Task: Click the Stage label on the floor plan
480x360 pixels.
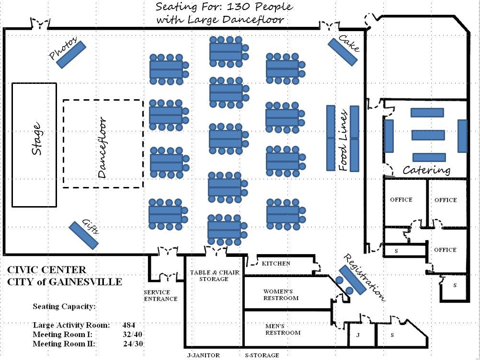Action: tap(36, 140)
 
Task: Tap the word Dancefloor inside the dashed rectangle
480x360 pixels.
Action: tap(102, 148)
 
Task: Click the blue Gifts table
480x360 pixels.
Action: tap(84, 235)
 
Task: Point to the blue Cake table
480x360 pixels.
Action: tap(343, 52)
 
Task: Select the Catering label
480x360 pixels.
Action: tap(426, 170)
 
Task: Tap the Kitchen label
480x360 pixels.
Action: tap(276, 263)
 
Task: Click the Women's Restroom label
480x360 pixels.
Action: tap(281, 295)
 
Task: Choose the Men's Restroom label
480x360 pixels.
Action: tap(283, 329)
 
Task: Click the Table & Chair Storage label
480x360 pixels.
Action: tap(214, 276)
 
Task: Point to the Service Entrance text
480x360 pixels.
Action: tap(160, 295)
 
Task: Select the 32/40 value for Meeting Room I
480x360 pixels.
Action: tap(132, 334)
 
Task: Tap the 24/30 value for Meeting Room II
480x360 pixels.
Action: tap(133, 344)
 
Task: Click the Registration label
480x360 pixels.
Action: tap(364, 278)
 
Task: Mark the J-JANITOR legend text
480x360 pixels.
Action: tap(203, 355)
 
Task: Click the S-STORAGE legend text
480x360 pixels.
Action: tap(262, 355)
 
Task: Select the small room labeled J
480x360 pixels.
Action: tap(358, 335)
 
